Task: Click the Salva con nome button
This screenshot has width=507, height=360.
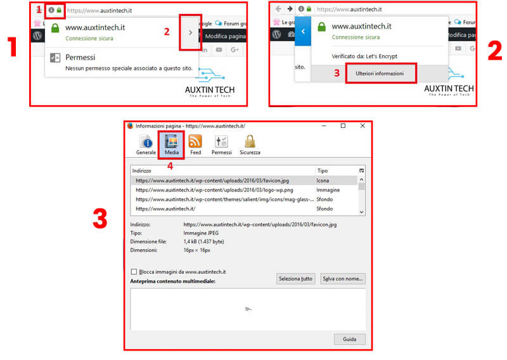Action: click(342, 279)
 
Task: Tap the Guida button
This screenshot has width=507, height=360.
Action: click(349, 339)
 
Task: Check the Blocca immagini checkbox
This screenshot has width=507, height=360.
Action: click(134, 272)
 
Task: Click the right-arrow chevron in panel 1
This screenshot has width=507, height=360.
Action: click(189, 32)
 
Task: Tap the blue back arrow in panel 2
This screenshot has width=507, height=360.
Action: click(304, 31)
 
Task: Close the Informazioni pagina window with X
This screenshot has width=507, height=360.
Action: click(363, 126)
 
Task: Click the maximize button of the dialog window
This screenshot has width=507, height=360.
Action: click(343, 126)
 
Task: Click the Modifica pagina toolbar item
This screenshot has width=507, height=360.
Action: click(225, 36)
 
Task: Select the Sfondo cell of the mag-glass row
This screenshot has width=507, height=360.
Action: click(324, 199)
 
